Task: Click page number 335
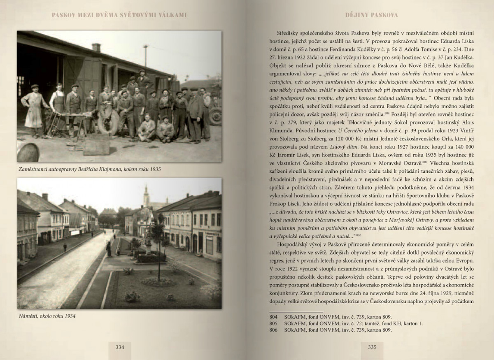pyautogui.click(x=372, y=347)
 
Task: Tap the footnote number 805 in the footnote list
pyautogui.click(x=273, y=323)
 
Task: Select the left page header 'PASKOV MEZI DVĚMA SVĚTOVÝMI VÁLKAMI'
pyautogui.click(x=119, y=15)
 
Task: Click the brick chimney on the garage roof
pyautogui.click(x=96, y=48)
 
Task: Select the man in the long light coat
pyautogui.click(x=35, y=109)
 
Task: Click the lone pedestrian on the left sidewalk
pyautogui.click(x=65, y=247)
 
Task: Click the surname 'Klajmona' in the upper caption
pyautogui.click(x=119, y=169)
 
